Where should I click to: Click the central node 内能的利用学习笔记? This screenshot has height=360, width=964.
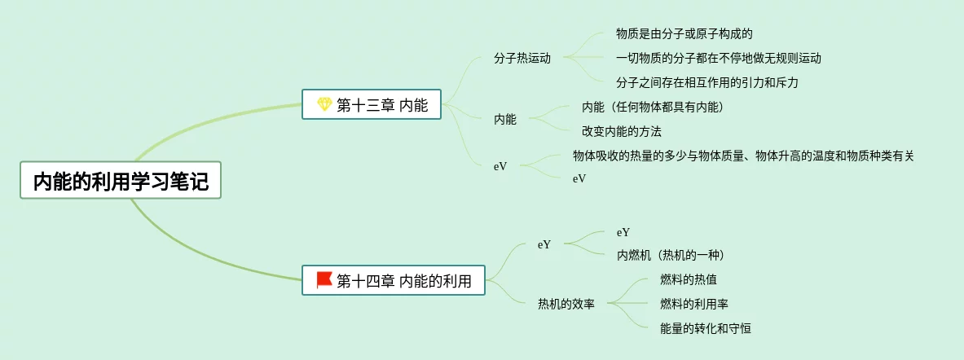[121, 181]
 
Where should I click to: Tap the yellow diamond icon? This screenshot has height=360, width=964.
[324, 104]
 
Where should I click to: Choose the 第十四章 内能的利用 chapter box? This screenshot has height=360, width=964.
[393, 281]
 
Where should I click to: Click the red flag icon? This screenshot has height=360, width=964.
[324, 280]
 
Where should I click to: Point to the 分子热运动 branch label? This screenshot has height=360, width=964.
[522, 59]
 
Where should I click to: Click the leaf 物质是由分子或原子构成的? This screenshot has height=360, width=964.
[684, 34]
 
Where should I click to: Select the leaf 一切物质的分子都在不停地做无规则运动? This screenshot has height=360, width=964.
[719, 59]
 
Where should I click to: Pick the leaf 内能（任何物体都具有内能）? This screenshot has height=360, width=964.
[652, 107]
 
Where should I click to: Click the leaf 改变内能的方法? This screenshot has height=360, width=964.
[621, 131]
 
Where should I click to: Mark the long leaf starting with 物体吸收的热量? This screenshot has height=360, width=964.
[743, 156]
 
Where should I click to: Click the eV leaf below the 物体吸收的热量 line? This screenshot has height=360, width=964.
[579, 178]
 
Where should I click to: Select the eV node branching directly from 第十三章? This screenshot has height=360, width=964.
[500, 166]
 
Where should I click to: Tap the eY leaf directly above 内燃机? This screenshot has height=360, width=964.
[623, 233]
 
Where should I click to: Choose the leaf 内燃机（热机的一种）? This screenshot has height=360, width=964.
[670, 256]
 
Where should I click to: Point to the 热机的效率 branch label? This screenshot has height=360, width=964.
[566, 305]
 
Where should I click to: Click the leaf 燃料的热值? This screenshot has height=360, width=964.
[689, 280]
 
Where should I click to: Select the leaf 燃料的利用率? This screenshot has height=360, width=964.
[694, 304]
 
